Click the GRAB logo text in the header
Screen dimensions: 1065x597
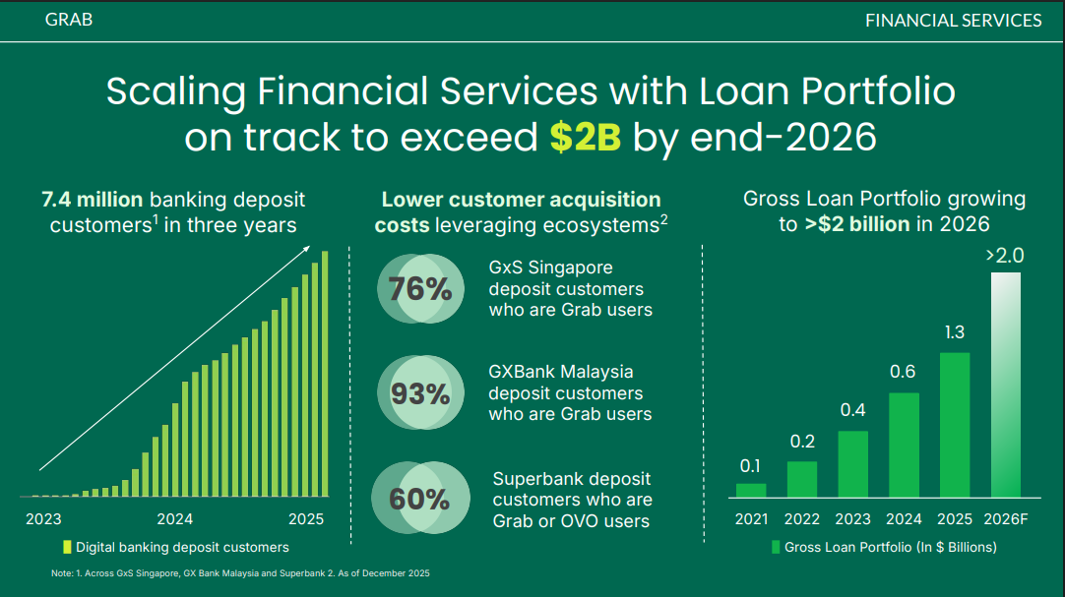[x=69, y=20]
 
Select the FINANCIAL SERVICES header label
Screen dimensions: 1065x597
[x=953, y=21]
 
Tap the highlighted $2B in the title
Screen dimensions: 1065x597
[x=585, y=137]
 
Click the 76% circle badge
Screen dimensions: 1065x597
[x=420, y=289]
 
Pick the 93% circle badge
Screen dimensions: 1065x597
[x=420, y=392]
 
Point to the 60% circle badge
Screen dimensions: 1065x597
[x=420, y=499]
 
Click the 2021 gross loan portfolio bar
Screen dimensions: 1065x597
[x=751, y=491]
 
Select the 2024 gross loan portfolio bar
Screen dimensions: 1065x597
[x=904, y=445]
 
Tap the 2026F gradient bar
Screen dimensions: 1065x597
[x=1006, y=386]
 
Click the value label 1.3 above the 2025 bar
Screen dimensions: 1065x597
[x=955, y=332]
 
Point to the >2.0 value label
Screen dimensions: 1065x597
[x=1005, y=256]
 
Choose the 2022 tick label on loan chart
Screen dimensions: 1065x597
[x=802, y=519]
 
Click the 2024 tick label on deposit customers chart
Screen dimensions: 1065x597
[x=174, y=519]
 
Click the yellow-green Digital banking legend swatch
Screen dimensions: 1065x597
[x=67, y=547]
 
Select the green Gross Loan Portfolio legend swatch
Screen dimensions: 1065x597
[x=776, y=547]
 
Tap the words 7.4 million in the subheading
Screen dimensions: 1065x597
[x=93, y=200]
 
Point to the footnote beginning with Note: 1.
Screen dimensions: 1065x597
[x=240, y=573]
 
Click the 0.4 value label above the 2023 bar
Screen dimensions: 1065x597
[x=853, y=410]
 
